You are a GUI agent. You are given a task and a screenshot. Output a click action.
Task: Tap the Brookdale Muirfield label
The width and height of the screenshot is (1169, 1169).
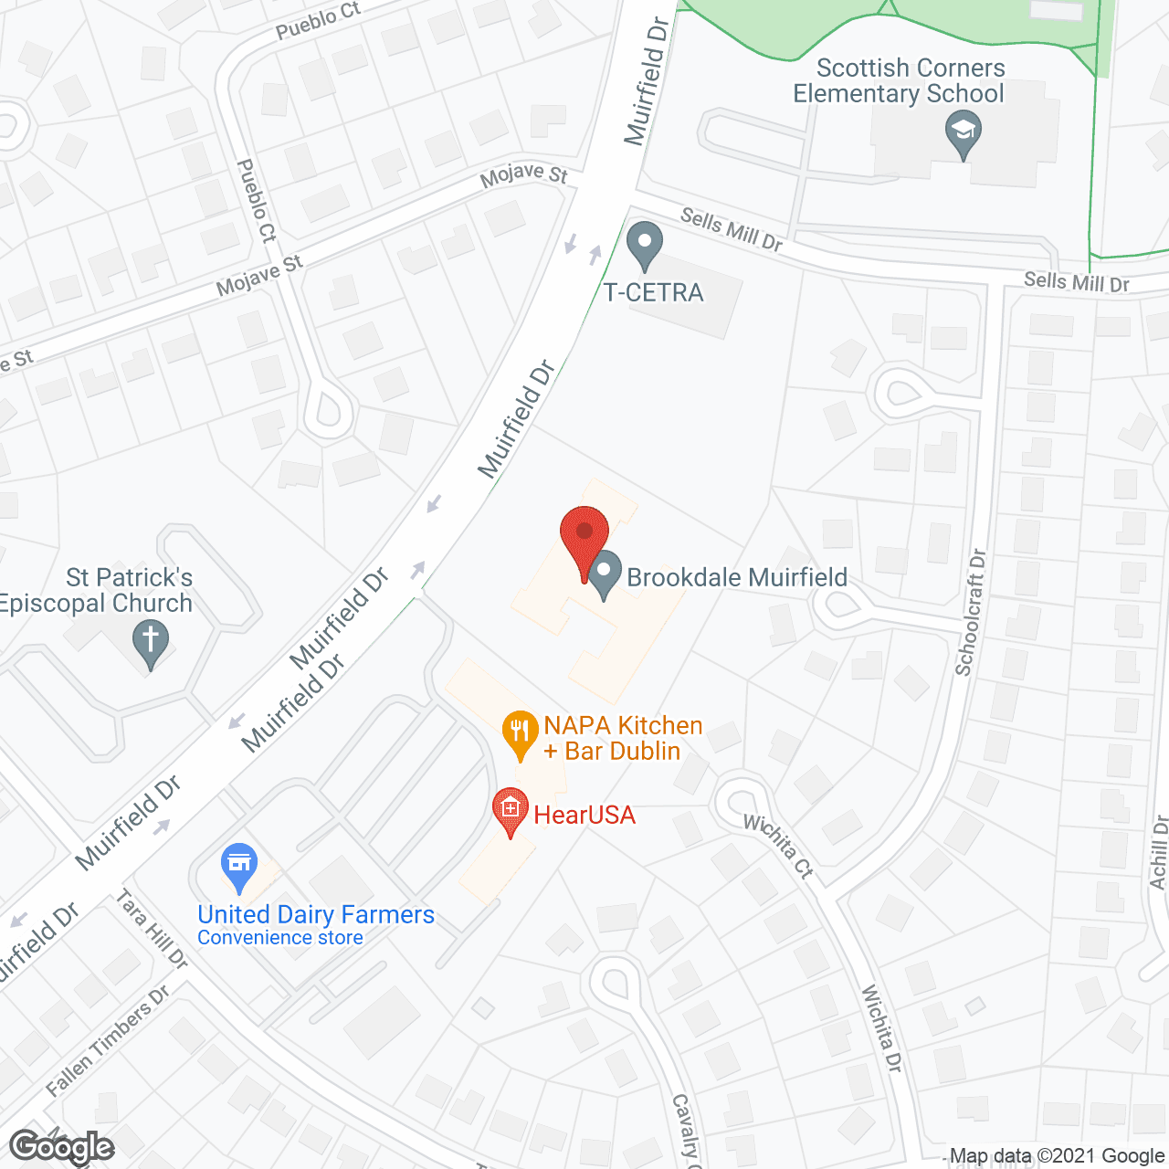(737, 577)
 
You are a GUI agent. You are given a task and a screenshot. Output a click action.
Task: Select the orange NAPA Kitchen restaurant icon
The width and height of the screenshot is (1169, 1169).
(520, 733)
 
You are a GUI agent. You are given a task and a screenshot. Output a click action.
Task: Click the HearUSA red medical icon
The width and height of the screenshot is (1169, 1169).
(511, 810)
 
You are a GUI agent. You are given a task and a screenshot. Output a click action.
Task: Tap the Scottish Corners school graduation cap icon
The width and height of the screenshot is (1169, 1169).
(963, 133)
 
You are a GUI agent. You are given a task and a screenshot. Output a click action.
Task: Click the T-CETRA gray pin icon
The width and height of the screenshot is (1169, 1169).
(645, 245)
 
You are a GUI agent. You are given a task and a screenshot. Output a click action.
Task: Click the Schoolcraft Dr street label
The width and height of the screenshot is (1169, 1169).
(971, 612)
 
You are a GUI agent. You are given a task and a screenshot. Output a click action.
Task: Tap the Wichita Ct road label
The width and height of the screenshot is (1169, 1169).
(778, 846)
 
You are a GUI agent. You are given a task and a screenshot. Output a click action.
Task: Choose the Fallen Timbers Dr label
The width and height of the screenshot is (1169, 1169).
(108, 1041)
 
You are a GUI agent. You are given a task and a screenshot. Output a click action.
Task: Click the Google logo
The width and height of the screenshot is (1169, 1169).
(62, 1147)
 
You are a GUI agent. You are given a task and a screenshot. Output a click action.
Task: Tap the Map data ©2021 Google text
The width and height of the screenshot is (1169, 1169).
(1056, 1156)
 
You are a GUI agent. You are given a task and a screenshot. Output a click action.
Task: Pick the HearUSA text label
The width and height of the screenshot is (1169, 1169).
(584, 815)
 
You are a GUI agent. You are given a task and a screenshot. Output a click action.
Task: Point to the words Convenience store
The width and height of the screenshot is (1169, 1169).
(280, 938)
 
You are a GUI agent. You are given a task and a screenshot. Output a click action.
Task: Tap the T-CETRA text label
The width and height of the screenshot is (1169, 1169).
(654, 292)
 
